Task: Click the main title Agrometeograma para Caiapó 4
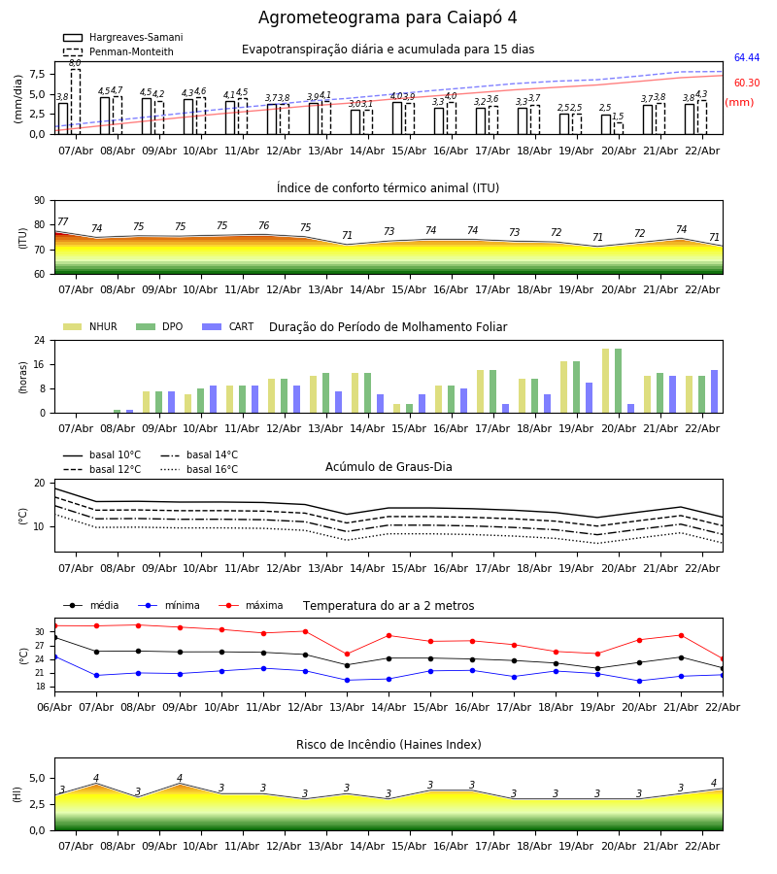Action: [x=388, y=18]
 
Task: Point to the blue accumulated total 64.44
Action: [x=746, y=58]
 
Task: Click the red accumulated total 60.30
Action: [x=746, y=84]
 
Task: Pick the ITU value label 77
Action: [x=63, y=222]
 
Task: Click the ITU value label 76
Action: [x=263, y=226]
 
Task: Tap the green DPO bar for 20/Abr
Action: [x=618, y=381]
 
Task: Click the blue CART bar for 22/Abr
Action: [x=714, y=391]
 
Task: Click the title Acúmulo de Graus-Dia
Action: [x=388, y=467]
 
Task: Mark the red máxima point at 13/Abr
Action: [x=347, y=655]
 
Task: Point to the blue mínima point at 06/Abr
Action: [x=54, y=656]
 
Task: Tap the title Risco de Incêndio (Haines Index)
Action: [x=388, y=745]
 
